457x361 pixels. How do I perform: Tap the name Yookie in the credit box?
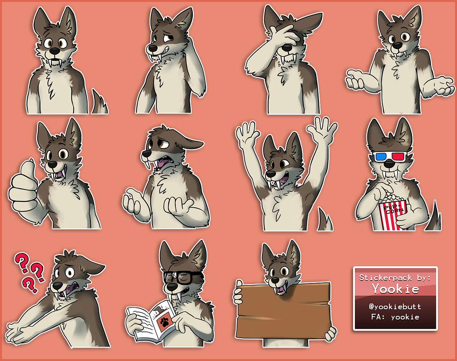click(396, 289)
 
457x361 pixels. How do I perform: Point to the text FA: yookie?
click(395, 317)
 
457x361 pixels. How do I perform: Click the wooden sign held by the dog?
click(283, 310)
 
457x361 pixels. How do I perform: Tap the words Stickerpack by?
click(395, 278)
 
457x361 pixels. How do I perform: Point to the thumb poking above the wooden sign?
click(239, 283)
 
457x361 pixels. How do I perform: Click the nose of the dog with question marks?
click(57, 286)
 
